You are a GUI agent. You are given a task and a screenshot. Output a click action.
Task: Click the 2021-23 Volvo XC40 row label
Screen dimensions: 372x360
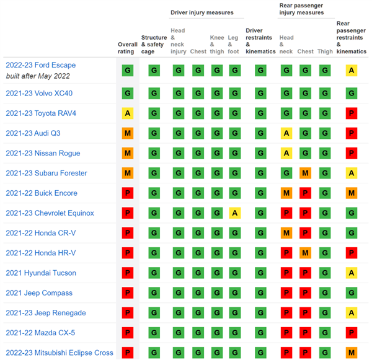click(x=39, y=93)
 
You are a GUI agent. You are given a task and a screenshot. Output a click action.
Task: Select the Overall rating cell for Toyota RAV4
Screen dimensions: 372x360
click(x=128, y=113)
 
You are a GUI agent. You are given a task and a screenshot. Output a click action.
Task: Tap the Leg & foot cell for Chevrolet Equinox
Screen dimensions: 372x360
click(x=235, y=213)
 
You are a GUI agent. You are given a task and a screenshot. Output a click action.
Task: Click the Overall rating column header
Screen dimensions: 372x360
click(x=127, y=48)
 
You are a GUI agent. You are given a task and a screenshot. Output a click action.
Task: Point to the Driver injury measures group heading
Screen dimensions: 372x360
click(x=202, y=12)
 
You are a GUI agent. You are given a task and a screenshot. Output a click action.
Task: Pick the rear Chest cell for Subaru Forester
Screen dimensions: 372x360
click(x=305, y=173)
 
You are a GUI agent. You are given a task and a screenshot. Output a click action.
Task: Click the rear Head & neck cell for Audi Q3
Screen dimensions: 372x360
click(x=286, y=133)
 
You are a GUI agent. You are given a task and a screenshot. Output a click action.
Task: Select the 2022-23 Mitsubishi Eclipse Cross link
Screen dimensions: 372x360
click(x=60, y=353)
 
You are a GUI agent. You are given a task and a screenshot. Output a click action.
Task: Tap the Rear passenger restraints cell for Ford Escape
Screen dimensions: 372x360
click(x=352, y=71)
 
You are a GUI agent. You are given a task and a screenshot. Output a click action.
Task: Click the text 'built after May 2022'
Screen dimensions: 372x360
click(x=38, y=76)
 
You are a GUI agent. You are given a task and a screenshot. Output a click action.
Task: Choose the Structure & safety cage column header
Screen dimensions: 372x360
click(x=154, y=45)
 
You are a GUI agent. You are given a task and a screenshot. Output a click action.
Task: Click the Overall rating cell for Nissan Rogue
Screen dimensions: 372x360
click(x=128, y=153)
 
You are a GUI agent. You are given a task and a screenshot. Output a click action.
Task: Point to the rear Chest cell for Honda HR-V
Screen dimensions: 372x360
click(x=305, y=253)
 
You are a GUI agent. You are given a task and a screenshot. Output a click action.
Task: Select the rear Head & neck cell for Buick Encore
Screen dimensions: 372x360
click(x=286, y=193)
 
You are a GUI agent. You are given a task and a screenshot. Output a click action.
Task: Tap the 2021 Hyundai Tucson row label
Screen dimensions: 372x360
click(x=41, y=273)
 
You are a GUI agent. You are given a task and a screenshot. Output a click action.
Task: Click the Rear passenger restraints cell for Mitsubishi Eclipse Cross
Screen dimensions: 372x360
click(x=352, y=353)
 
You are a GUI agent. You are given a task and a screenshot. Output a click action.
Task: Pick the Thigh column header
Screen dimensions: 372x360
click(x=325, y=51)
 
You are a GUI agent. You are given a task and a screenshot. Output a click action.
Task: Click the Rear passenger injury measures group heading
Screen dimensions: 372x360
click(x=301, y=9)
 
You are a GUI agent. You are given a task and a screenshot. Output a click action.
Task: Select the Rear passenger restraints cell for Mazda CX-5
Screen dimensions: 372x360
click(x=352, y=333)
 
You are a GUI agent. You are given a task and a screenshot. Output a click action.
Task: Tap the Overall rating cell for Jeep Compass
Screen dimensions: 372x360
click(x=128, y=293)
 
